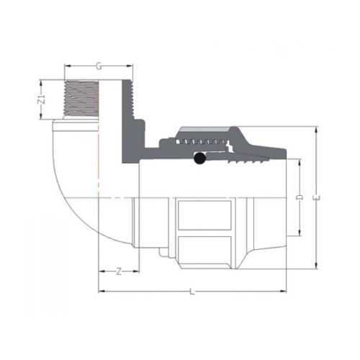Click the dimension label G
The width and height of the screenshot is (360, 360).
click(x=99, y=66)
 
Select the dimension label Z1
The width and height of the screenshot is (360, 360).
click(x=42, y=99)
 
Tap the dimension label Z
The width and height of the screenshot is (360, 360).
click(x=119, y=271)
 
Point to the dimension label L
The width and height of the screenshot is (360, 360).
click(x=192, y=292)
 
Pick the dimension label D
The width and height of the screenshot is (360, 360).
click(x=300, y=197)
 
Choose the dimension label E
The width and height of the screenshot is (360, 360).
click(x=317, y=198)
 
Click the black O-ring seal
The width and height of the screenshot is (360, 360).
click(x=199, y=158)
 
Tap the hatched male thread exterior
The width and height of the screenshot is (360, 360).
click(x=81, y=99)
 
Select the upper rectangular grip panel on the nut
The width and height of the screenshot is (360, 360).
click(x=204, y=215)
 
